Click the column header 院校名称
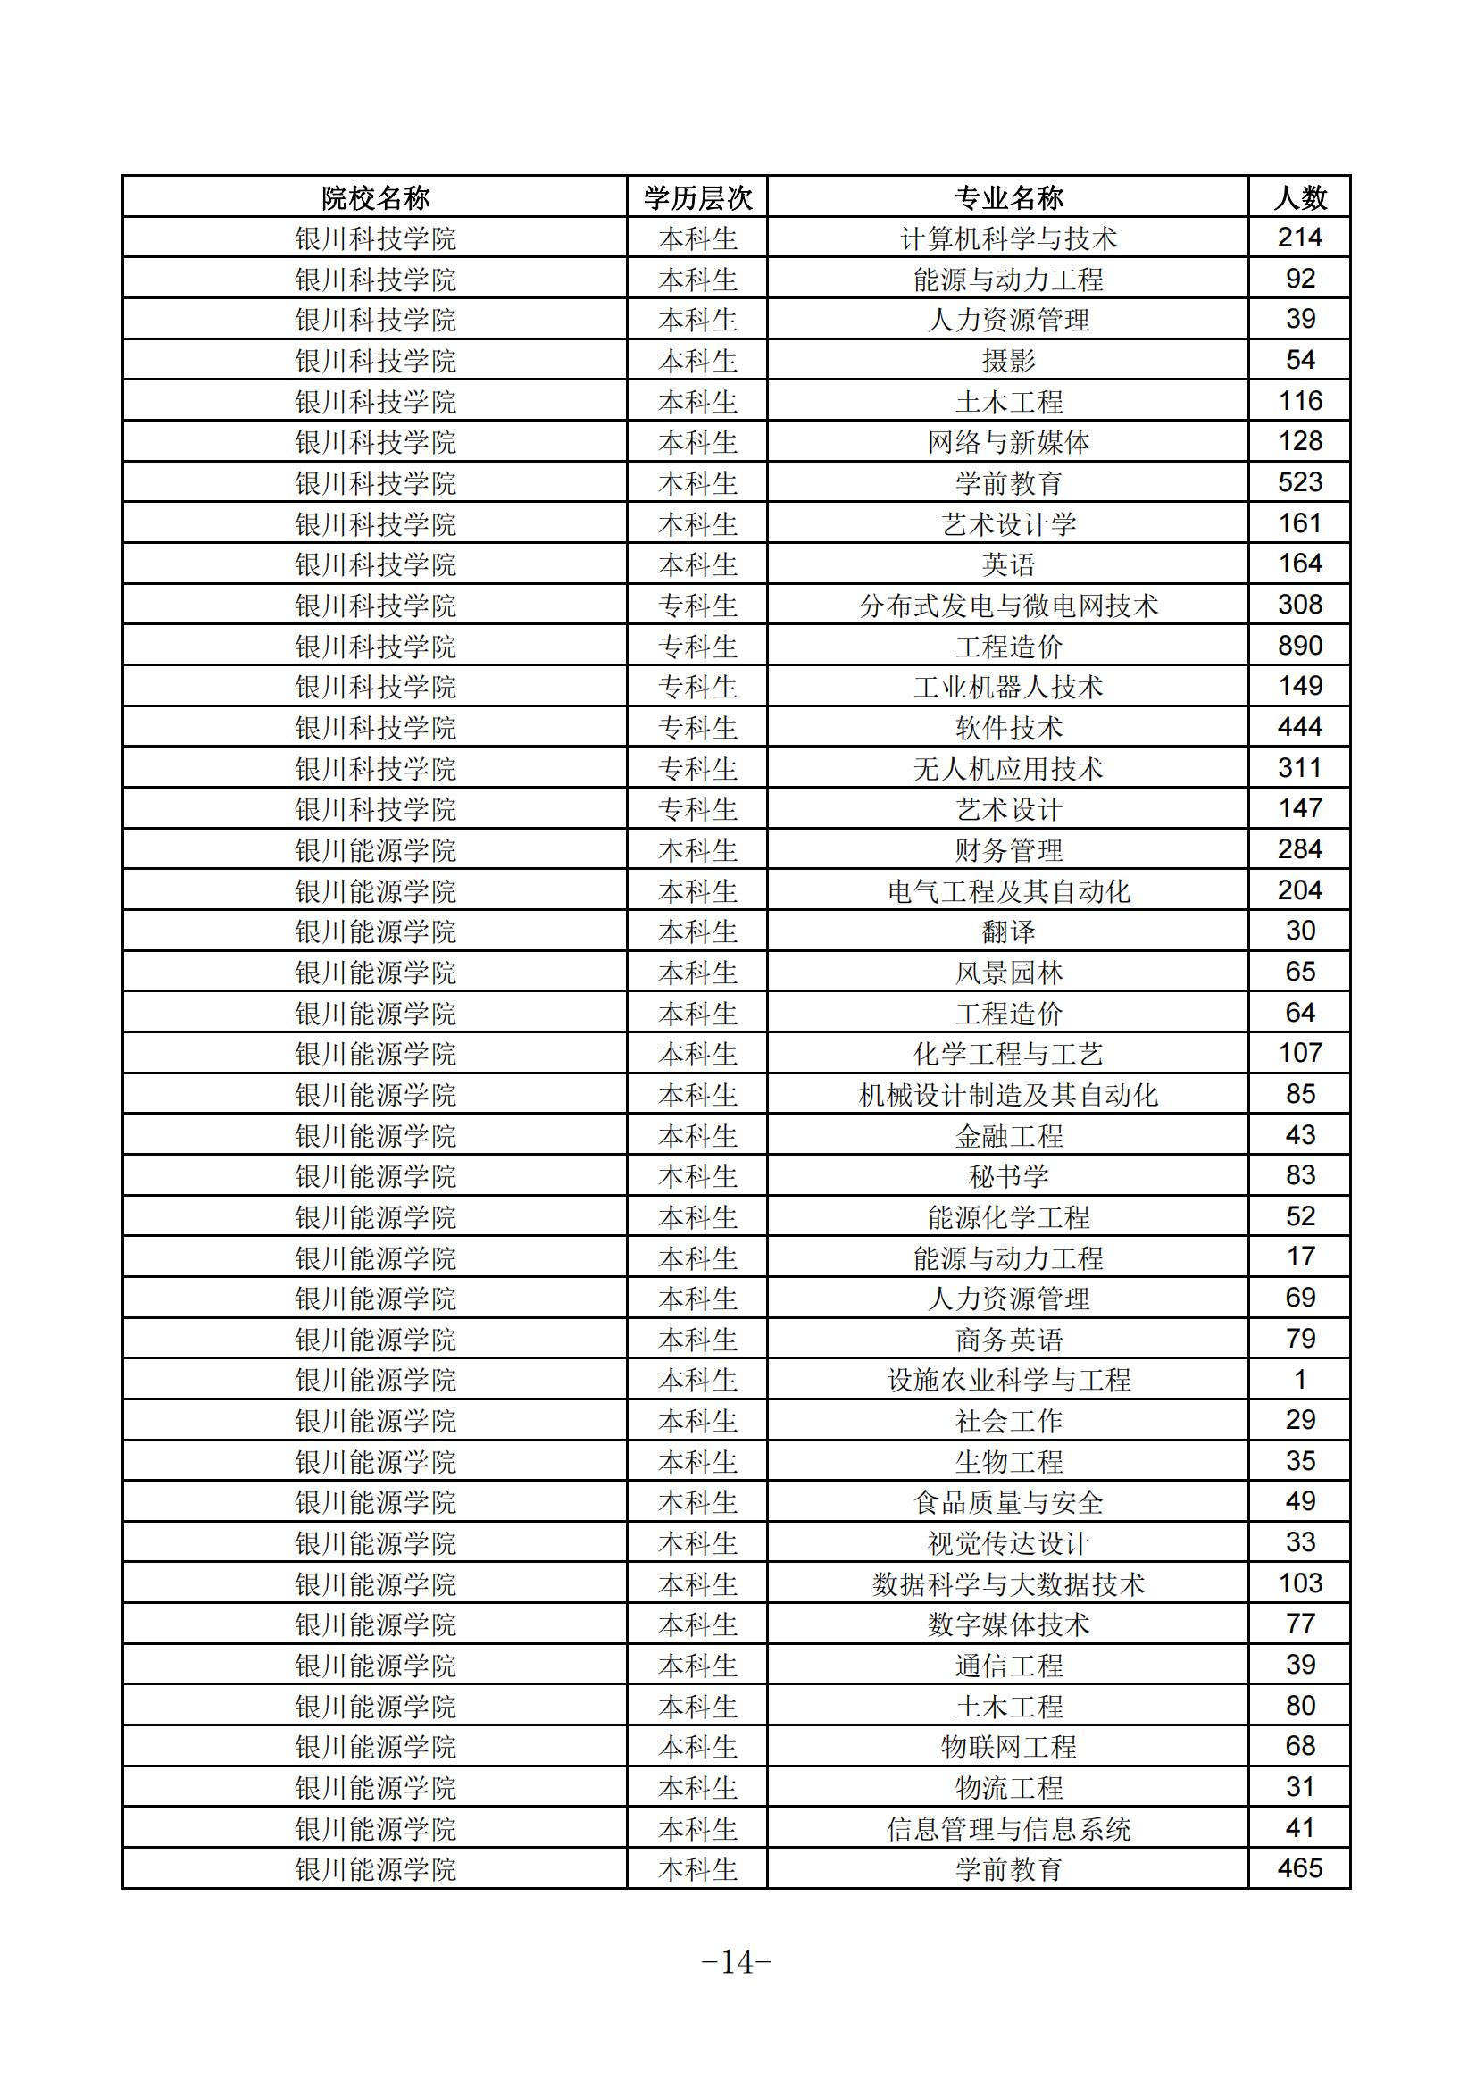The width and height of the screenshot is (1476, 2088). tap(375, 197)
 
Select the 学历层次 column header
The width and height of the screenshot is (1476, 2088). tap(697, 197)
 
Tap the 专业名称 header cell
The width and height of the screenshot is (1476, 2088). tap(1007, 197)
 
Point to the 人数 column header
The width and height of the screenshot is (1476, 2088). tap(1299, 197)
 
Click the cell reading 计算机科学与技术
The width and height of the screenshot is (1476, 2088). tap(1007, 238)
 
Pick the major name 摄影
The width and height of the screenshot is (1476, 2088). tap(1007, 361)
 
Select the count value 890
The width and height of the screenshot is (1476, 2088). tap(1299, 646)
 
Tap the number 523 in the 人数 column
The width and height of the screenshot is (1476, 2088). tap(1299, 483)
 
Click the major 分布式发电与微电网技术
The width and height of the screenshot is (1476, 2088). tap(1007, 606)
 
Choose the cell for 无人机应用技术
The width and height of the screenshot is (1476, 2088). tap(1007, 769)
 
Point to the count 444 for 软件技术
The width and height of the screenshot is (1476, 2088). tap(1299, 728)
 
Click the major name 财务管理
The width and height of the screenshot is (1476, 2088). tap(1007, 850)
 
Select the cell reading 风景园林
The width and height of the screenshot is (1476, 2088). tap(1007, 973)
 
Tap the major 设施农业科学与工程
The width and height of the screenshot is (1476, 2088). tap(1007, 1381)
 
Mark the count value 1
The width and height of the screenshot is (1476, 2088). tap(1299, 1380)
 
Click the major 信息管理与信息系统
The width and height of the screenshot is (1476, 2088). tap(1007, 1829)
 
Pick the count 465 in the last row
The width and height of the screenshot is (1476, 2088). tap(1299, 1869)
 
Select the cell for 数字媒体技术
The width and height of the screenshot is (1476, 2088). tap(1007, 1625)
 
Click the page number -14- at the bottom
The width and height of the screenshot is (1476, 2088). tap(737, 1962)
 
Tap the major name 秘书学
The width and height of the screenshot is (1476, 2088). tap(1007, 1177)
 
